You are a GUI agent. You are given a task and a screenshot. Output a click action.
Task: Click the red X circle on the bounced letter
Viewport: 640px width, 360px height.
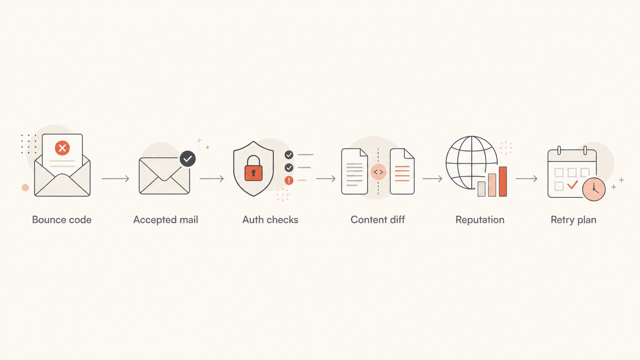(x=62, y=148)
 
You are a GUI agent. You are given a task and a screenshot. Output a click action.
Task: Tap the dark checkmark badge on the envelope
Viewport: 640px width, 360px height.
(x=188, y=159)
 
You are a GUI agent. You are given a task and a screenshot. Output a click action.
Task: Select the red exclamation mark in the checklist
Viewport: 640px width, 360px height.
(x=289, y=181)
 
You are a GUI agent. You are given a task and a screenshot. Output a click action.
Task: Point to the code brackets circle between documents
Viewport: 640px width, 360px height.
(x=378, y=172)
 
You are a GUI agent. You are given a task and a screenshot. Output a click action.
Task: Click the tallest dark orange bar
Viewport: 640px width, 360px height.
(x=503, y=182)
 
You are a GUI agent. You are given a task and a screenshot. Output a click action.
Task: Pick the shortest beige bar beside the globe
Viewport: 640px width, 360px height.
(x=482, y=189)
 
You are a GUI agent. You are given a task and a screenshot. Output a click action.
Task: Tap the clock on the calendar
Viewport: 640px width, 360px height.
(x=594, y=189)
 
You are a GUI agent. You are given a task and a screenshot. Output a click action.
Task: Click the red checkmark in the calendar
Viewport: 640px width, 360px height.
(x=572, y=185)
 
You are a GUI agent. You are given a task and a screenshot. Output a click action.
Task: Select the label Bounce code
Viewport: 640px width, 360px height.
(x=62, y=220)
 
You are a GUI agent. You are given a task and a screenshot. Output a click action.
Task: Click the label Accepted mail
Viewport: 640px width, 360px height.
(x=166, y=220)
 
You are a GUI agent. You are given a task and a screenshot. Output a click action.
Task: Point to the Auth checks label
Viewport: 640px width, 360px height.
(x=270, y=220)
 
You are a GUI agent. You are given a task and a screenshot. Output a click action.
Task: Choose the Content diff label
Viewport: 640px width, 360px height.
(x=378, y=220)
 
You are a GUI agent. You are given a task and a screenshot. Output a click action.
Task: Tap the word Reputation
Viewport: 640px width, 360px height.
(x=480, y=220)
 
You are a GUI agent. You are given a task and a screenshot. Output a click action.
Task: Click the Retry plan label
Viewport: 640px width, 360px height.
(x=573, y=220)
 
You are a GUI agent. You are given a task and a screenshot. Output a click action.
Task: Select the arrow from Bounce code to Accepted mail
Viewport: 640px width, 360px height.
(x=116, y=179)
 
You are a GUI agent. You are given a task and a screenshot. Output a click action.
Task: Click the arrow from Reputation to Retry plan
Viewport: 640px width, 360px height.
(x=526, y=179)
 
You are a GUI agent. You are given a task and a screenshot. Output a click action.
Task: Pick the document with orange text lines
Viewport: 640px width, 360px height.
(x=402, y=171)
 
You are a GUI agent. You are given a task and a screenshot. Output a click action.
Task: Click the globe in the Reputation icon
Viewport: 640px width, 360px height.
(x=472, y=163)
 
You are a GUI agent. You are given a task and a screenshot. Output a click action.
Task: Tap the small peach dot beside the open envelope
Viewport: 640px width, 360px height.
(x=25, y=187)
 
